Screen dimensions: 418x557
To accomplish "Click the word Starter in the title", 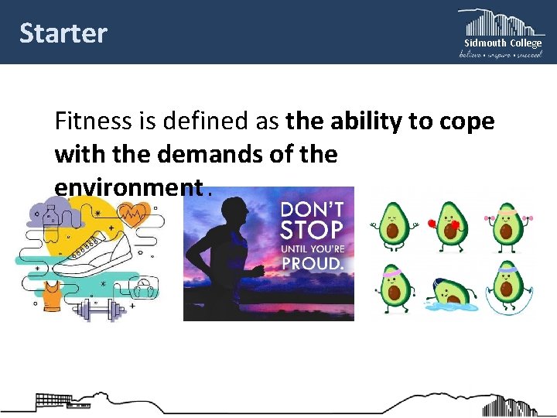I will click(63, 33).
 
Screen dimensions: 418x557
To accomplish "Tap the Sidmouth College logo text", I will click(503, 43).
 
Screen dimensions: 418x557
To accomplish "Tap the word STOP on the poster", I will click(311, 230).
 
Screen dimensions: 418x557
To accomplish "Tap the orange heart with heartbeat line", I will click(134, 213).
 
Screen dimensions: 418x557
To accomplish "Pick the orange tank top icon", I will click(52, 295).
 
